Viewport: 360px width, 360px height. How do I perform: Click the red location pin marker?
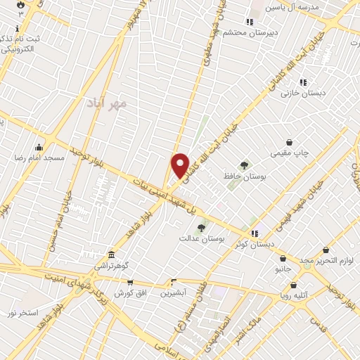(x=181, y=165)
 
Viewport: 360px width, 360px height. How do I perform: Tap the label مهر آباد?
(x=106, y=103)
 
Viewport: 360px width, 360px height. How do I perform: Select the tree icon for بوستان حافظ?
(x=244, y=165)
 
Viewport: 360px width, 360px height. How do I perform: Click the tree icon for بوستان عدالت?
(x=201, y=228)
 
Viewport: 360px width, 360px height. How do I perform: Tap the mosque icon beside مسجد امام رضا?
(x=38, y=148)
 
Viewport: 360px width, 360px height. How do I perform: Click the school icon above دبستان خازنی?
(x=303, y=82)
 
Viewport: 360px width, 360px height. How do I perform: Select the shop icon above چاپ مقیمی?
(x=289, y=142)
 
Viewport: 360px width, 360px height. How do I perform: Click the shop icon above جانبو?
(x=283, y=258)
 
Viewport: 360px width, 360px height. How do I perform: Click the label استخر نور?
(x=22, y=311)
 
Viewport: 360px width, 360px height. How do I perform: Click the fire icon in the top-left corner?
(x=21, y=4)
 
